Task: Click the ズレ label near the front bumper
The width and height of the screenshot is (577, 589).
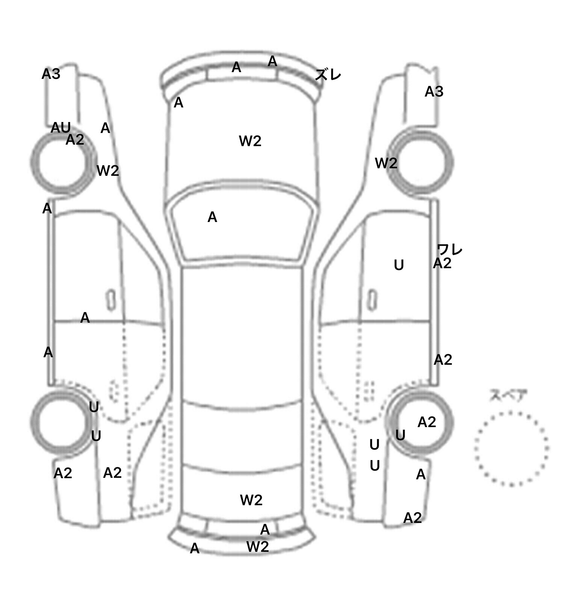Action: (x=328, y=75)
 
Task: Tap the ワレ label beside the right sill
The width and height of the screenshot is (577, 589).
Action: (x=450, y=249)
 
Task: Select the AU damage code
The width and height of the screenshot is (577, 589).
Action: (x=60, y=128)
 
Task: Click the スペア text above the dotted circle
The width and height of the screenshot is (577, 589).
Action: (x=508, y=396)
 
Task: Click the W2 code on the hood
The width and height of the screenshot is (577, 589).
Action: (x=250, y=141)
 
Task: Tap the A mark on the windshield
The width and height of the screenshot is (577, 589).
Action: (x=212, y=217)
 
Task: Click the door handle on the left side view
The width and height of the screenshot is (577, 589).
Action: (x=111, y=300)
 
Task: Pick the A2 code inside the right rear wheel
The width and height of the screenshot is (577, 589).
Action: (x=427, y=422)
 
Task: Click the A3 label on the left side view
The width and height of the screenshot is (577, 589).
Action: (x=51, y=74)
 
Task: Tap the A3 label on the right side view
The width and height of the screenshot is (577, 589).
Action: (x=434, y=91)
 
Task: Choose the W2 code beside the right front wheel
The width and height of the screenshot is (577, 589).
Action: (x=386, y=163)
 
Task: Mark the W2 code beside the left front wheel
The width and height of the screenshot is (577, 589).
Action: (x=108, y=171)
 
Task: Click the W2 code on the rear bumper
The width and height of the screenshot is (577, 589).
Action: (x=258, y=547)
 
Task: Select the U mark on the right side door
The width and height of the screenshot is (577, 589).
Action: (x=399, y=265)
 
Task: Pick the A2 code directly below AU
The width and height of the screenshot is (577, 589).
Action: (x=75, y=140)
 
